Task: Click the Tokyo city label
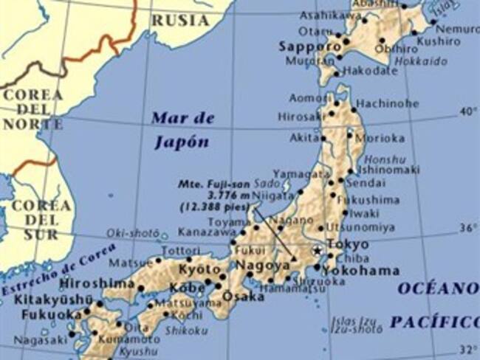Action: pyautogui.click(x=347, y=244)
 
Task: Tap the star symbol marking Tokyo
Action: pyautogui.click(x=318, y=252)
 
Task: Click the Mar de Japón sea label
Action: pyautogui.click(x=182, y=130)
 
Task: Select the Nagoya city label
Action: pyautogui.click(x=262, y=265)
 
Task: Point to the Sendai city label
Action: pyautogui.click(x=361, y=181)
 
